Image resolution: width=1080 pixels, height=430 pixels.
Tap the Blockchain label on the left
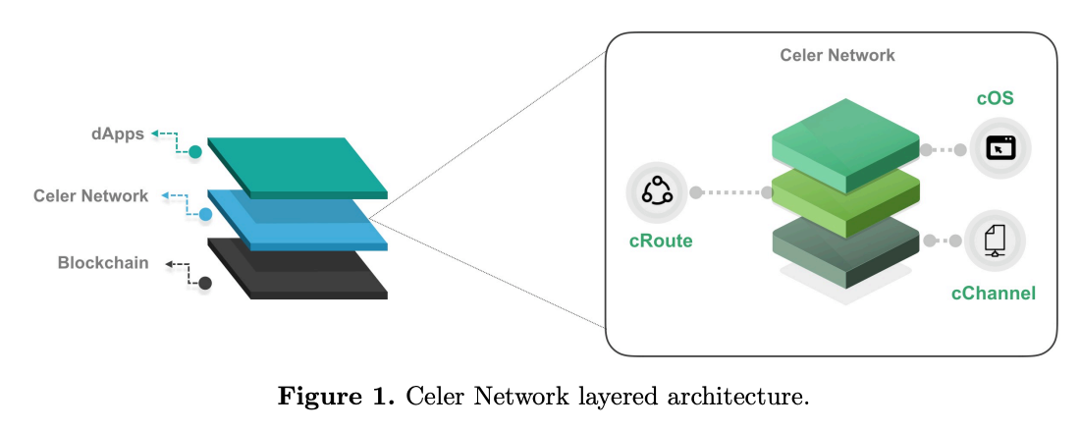tap(103, 262)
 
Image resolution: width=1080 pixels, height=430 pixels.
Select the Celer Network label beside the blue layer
tap(90, 195)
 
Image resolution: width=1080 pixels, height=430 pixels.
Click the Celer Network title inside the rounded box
tap(837, 55)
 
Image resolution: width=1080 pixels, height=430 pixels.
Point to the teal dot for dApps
tap(195, 152)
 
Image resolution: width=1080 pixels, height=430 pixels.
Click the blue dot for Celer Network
tap(205, 214)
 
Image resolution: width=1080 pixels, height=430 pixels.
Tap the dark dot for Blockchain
tap(204, 284)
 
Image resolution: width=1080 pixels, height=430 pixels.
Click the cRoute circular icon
tap(656, 192)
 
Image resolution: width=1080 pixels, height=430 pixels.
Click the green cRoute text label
tap(661, 241)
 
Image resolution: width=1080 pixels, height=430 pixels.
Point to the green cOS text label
tap(995, 99)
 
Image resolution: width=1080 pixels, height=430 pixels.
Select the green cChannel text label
tap(993, 292)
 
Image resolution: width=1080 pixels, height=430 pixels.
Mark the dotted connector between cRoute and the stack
tap(732, 192)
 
